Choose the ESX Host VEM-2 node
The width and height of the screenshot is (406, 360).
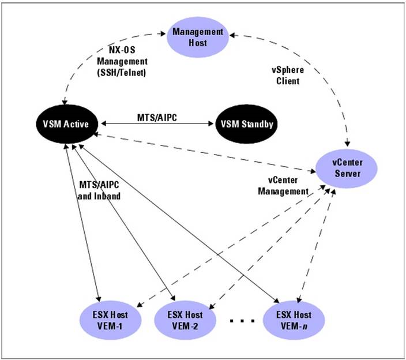(185, 320)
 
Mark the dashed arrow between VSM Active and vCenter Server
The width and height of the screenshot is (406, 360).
(208, 151)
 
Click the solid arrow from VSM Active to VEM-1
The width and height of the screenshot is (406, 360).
(84, 219)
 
